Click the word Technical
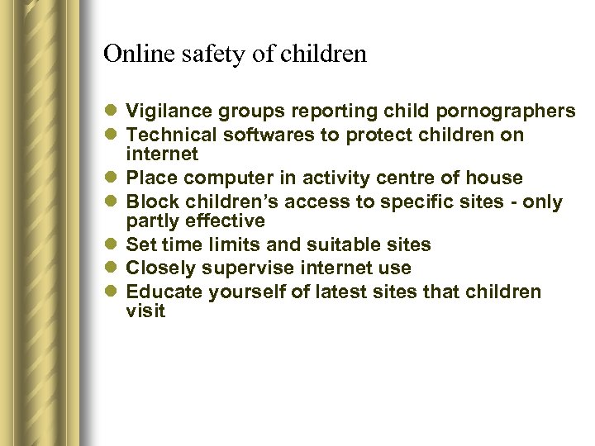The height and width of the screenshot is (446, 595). tap(167, 135)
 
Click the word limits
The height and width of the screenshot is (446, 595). tap(232, 244)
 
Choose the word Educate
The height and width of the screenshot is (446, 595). tap(164, 292)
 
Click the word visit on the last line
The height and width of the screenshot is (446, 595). tap(145, 311)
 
